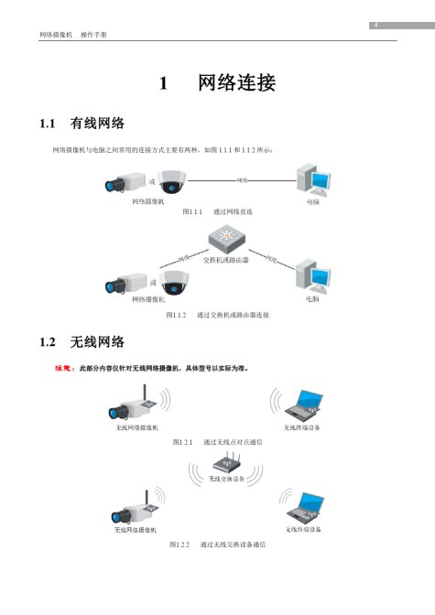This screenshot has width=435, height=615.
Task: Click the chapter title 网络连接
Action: pos(236,83)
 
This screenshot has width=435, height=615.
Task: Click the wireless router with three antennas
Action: pos(226,462)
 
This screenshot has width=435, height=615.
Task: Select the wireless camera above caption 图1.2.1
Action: pos(130,403)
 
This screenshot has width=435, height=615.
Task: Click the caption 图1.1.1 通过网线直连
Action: pos(218,211)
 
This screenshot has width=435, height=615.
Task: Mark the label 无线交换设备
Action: pos(226,478)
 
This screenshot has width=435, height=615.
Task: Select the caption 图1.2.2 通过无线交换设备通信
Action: pos(218,545)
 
